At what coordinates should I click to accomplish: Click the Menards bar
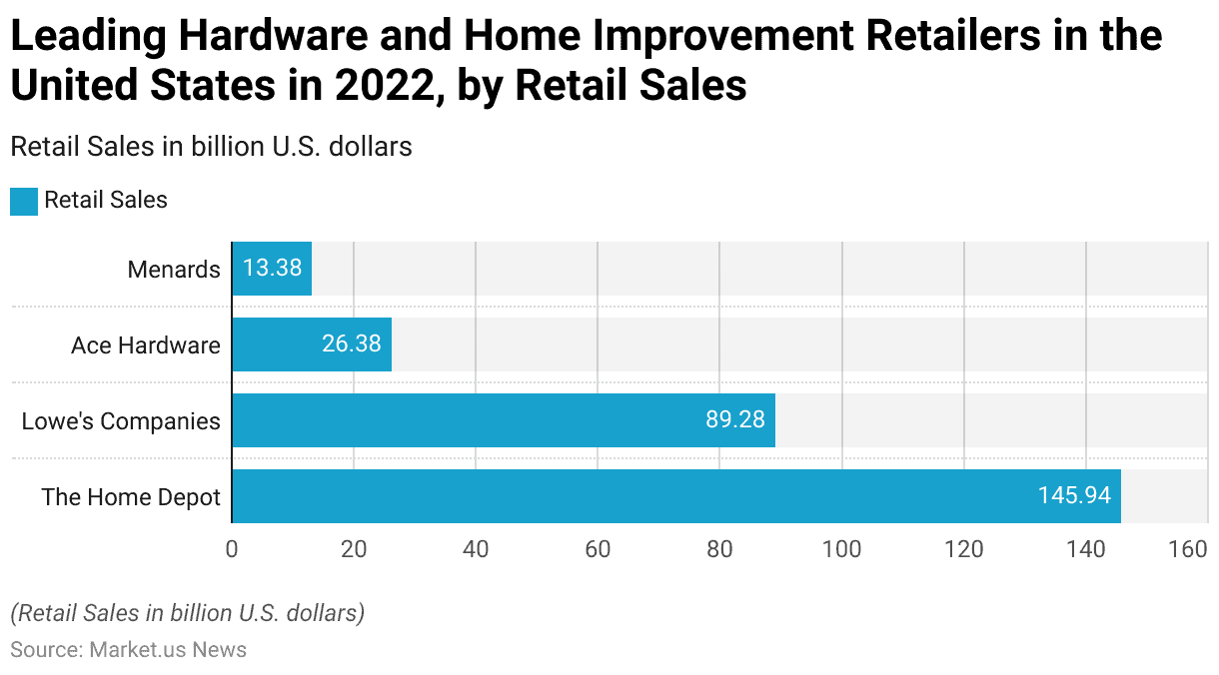pos(272,269)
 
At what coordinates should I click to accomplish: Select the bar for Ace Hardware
pos(312,344)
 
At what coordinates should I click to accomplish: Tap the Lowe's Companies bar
pos(504,420)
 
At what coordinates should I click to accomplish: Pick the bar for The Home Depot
pos(676,496)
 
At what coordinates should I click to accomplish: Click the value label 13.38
pos(272,269)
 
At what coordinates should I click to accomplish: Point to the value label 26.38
pos(351,344)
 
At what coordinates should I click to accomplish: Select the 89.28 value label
pos(734,420)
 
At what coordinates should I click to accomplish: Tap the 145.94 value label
pos(1074,496)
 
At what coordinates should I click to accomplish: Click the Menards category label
pos(174,270)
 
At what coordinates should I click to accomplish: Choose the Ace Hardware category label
pos(146,345)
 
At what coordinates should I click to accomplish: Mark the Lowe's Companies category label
pos(121,421)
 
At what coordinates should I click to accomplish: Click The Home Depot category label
pos(131,497)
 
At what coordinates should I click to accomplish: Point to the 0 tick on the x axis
pos(232,549)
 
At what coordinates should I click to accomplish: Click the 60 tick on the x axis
pos(598,549)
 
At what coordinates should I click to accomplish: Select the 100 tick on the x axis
pos(842,549)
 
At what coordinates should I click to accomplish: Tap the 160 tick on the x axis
pos(1188,549)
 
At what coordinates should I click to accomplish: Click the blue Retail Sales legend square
pos(24,201)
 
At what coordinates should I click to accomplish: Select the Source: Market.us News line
pos(128,650)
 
